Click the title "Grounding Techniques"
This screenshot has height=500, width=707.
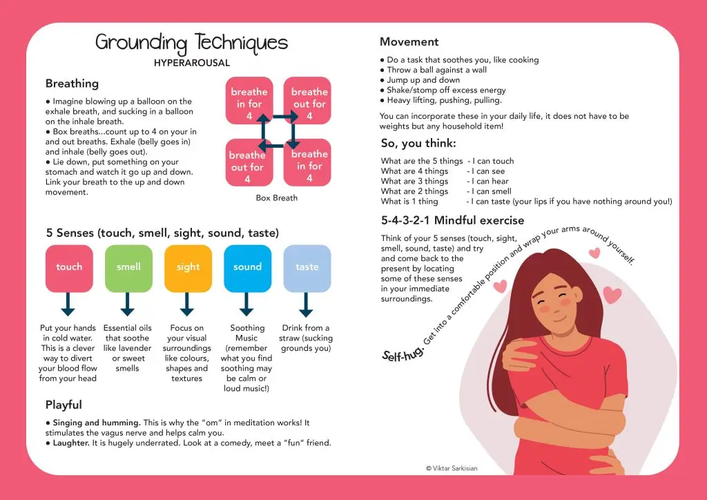pyautogui.click(x=191, y=43)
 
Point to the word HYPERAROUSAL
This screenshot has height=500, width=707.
pyautogui.click(x=192, y=63)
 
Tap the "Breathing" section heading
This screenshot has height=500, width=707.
pyautogui.click(x=72, y=84)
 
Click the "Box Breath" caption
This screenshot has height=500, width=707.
pyautogui.click(x=276, y=198)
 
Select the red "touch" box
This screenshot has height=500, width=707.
pyautogui.click(x=69, y=268)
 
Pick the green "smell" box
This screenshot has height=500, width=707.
pyautogui.click(x=128, y=268)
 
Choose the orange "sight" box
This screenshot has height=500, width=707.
pyautogui.click(x=188, y=268)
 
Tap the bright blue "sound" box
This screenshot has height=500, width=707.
pyautogui.click(x=247, y=268)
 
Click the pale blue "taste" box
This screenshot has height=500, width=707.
pyautogui.click(x=307, y=268)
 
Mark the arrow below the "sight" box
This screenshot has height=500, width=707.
pyautogui.click(x=187, y=305)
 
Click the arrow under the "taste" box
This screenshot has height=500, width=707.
pyautogui.click(x=307, y=305)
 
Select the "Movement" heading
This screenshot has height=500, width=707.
pyautogui.click(x=409, y=42)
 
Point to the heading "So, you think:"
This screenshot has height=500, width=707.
pyautogui.click(x=418, y=144)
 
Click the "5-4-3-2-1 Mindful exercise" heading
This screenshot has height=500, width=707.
pyautogui.click(x=452, y=221)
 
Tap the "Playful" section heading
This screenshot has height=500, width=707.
pyautogui.click(x=64, y=405)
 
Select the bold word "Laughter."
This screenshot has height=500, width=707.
pyautogui.click(x=71, y=443)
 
